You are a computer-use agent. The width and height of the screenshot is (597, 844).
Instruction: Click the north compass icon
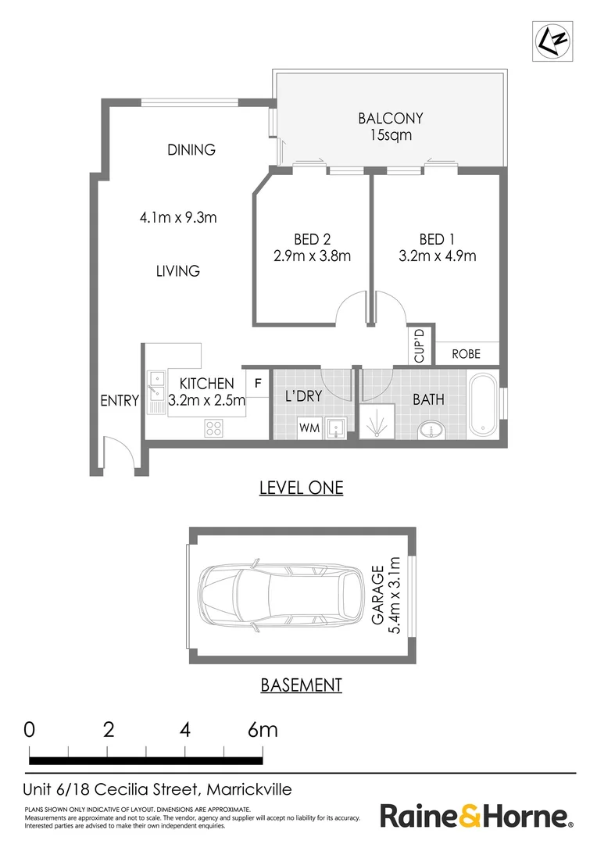click(552, 41)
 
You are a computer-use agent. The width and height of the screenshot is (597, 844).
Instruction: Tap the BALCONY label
click(391, 118)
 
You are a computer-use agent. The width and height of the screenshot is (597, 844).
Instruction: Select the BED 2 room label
click(313, 239)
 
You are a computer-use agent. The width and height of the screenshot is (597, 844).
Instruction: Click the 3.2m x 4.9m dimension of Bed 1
click(437, 256)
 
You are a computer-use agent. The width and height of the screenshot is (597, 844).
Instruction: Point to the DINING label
click(191, 149)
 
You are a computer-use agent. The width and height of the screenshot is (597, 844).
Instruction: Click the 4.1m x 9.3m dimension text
click(178, 217)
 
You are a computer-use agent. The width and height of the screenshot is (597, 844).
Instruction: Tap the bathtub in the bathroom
click(483, 404)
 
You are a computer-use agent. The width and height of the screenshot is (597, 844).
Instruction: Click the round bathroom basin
click(431, 430)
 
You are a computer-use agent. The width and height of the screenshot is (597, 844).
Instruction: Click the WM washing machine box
click(309, 428)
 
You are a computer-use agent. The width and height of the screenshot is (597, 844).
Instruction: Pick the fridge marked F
click(258, 383)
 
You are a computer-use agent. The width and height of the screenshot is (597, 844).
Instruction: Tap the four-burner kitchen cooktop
click(213, 428)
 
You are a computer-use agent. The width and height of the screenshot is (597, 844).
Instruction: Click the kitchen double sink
click(156, 392)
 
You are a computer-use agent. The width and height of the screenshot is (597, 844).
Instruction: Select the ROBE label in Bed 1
click(467, 354)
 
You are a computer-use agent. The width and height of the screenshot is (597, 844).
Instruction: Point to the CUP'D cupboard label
click(420, 345)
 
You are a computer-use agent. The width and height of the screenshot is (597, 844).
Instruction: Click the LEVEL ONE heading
click(302, 488)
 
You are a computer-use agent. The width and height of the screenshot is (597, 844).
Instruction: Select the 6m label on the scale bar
click(263, 730)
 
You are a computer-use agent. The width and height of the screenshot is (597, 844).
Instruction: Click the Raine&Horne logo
click(477, 816)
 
